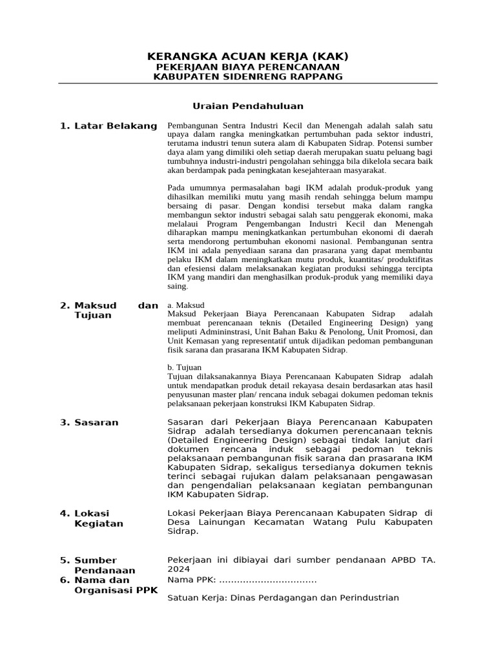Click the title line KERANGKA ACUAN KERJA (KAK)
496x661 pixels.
pos(248,56)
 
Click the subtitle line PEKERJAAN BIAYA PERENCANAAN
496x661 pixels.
pos(248,67)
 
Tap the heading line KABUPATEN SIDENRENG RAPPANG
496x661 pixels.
pos(248,77)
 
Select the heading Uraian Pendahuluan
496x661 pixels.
pos(248,106)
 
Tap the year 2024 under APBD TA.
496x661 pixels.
pos(179,569)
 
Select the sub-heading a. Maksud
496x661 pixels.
pos(185,305)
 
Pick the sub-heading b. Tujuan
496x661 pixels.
pos(184,367)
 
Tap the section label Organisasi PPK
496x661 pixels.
pos(116,591)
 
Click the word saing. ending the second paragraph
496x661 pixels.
pos(178,286)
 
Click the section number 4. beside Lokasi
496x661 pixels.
pos(65,513)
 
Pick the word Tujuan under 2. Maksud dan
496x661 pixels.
pos(93,316)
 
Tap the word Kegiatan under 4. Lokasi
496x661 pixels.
pos(99,524)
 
